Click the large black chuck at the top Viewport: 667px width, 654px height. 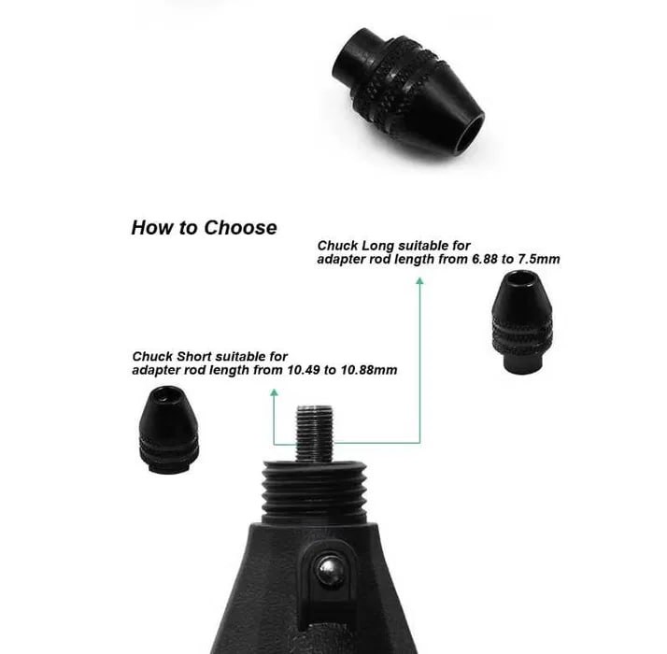click(x=408, y=94)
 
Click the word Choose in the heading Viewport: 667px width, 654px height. click(x=240, y=228)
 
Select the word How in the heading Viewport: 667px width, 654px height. click(x=152, y=228)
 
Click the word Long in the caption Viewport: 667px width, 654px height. click(x=377, y=246)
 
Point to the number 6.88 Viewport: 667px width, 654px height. click(x=486, y=259)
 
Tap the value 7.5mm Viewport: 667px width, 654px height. click(x=538, y=259)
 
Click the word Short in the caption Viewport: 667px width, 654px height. click(x=193, y=356)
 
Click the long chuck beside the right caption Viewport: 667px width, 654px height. click(x=522, y=322)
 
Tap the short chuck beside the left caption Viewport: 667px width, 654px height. click(x=169, y=430)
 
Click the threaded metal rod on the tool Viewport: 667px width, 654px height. click(x=315, y=434)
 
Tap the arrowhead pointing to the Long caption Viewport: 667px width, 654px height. click(x=419, y=281)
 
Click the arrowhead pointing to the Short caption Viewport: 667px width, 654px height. click(x=275, y=392)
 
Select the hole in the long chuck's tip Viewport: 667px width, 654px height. click(x=521, y=278)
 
